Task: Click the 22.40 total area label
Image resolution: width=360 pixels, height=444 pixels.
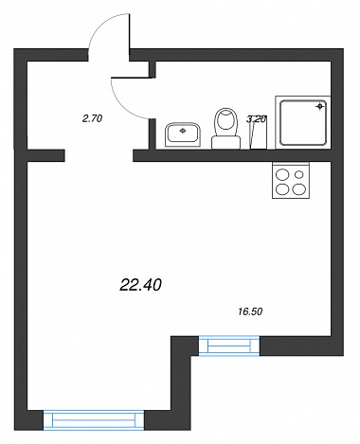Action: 141,285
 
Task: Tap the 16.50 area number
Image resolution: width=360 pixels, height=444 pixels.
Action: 250,311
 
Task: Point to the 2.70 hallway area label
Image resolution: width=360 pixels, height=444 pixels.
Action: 92,118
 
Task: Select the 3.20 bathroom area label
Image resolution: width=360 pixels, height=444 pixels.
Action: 257,119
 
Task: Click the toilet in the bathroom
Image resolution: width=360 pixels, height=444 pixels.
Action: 225,129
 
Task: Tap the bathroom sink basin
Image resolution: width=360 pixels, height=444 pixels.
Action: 183,135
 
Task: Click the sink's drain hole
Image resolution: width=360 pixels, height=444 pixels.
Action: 183,130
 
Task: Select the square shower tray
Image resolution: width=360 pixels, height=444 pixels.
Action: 303,122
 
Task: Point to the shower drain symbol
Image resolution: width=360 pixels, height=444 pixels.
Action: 320,106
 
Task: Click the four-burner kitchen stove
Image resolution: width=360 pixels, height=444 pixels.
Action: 291,180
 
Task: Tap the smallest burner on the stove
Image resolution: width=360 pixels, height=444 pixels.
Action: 299,174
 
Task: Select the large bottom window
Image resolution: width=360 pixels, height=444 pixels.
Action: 94,419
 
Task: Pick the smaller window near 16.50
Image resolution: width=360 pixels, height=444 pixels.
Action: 229,346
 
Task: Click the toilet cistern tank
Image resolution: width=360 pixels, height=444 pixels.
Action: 225,143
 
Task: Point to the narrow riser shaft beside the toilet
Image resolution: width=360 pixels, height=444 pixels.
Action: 259,133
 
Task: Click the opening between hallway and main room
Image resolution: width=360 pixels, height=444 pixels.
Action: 99,155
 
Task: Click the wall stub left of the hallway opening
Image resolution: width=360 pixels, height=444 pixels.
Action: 45,155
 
